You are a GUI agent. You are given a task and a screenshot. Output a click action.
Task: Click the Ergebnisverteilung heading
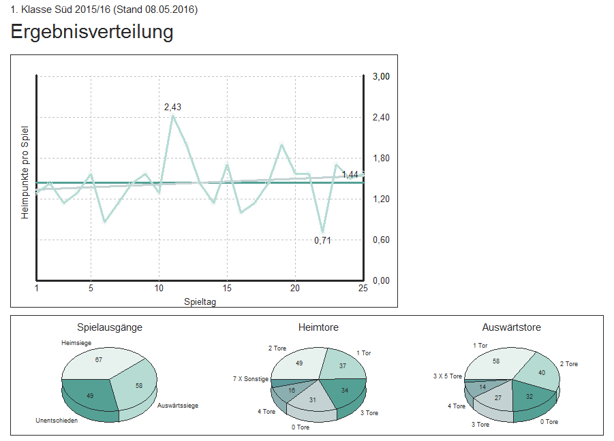pos(91,32)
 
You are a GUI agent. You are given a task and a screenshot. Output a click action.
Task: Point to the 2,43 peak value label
pos(172,107)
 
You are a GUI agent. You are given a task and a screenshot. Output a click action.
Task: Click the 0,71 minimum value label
pos(322,240)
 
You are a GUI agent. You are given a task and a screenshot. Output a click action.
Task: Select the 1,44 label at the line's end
pos(350,174)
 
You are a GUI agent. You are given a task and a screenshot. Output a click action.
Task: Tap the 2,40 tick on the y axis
pos(381,117)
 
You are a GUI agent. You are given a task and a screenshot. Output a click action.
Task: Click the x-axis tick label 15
pos(227,288)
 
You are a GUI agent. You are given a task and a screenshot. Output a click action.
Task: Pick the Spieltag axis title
pos(200,301)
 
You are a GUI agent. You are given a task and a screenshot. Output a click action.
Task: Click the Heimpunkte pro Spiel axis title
pos(25,172)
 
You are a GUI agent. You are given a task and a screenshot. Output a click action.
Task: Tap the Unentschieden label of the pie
pos(57,421)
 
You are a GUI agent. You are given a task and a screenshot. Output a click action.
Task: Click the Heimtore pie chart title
pos(318,327)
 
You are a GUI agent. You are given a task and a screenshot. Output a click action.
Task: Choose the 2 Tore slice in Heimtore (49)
pos(299,363)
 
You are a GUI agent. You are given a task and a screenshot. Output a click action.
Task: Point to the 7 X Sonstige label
pos(251,379)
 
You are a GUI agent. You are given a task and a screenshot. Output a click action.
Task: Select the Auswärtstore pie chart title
pos(511,327)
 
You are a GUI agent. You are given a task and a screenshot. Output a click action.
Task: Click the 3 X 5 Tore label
pos(447,376)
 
